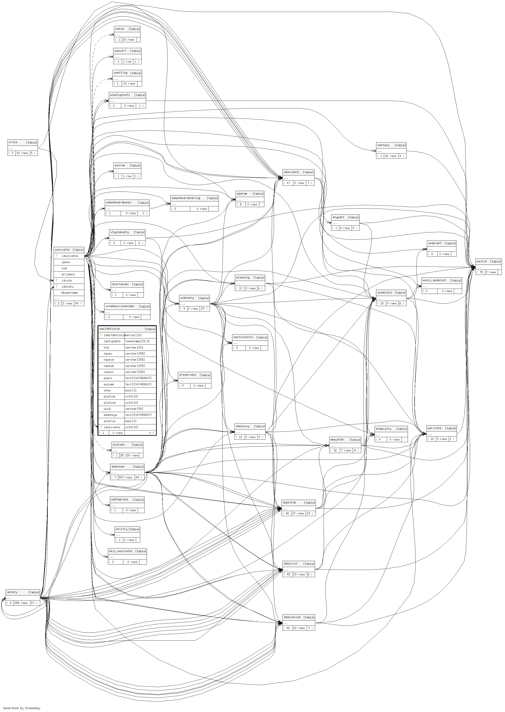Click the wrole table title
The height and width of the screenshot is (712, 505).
(x=13, y=142)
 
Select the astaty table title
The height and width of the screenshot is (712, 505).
(x=12, y=592)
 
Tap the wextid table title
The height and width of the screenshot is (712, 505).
(x=482, y=261)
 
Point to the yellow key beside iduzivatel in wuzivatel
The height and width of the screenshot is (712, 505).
(x=57, y=256)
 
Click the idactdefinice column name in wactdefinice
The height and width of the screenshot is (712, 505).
(x=114, y=335)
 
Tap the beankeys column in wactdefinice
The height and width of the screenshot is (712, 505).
(x=110, y=415)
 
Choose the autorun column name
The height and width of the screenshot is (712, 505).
(x=109, y=421)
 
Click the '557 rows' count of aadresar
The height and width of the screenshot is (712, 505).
(x=126, y=477)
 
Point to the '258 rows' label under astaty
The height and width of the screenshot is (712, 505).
(x=21, y=603)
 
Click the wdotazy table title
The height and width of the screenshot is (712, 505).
(x=383, y=145)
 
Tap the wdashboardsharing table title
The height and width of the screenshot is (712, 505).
(x=186, y=198)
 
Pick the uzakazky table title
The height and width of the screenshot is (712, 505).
(x=187, y=298)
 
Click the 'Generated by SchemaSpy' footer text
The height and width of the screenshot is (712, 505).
(x=22, y=708)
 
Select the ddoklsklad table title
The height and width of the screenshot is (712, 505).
(x=292, y=617)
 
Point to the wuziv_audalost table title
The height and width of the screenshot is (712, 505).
(x=434, y=280)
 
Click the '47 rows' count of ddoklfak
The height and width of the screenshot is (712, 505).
(x=298, y=514)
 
